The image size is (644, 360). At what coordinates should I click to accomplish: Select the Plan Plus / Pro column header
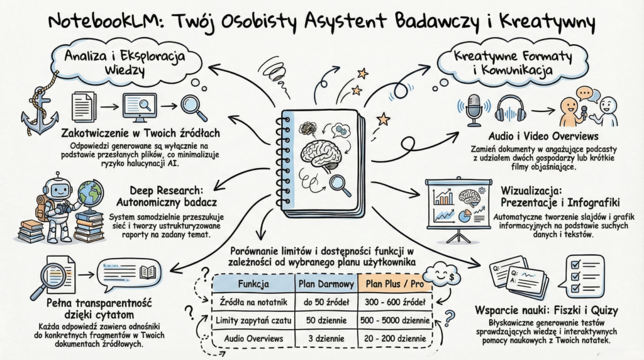394,284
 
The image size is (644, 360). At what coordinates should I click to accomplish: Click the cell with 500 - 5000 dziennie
394,320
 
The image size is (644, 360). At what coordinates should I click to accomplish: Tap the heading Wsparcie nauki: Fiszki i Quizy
550,310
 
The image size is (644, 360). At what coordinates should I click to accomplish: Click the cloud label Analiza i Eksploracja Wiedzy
125,62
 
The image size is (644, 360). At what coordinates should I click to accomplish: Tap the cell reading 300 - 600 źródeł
394,302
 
